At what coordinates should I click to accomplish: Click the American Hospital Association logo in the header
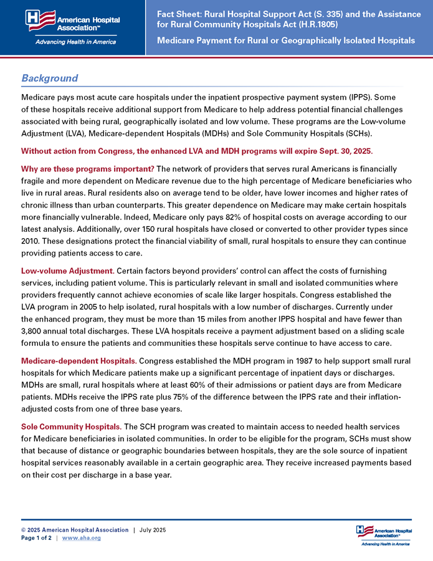(72, 21)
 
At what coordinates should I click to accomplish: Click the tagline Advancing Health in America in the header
(72, 42)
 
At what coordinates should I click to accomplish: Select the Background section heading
(50, 79)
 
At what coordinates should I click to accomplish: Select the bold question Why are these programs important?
(87, 169)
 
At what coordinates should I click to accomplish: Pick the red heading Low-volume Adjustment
(67, 271)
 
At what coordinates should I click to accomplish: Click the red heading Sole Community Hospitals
(71, 426)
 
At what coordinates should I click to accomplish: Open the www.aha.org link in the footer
(82, 538)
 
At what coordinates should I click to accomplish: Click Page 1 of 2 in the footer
(36, 538)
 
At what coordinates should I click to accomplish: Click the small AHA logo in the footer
(384, 534)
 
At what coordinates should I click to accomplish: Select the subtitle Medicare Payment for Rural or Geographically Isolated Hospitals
(286, 41)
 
